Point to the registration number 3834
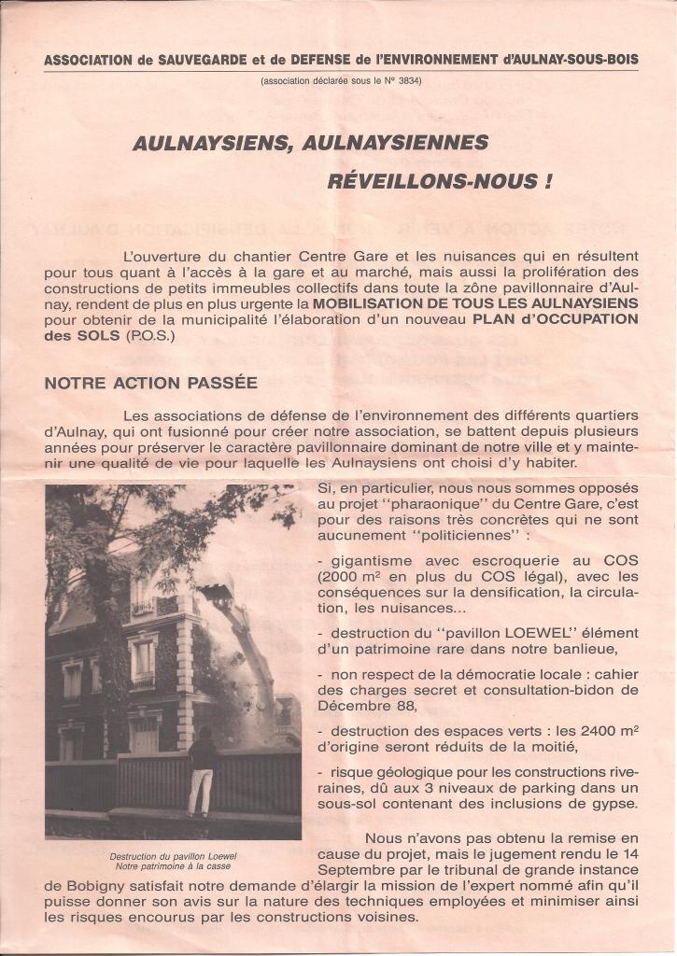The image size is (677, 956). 408,81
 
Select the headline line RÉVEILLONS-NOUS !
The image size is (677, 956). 439,181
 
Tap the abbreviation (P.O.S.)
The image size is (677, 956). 149,334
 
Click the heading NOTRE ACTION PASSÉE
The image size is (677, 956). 151,383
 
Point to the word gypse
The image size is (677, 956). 614,803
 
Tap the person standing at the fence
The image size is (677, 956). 201,772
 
